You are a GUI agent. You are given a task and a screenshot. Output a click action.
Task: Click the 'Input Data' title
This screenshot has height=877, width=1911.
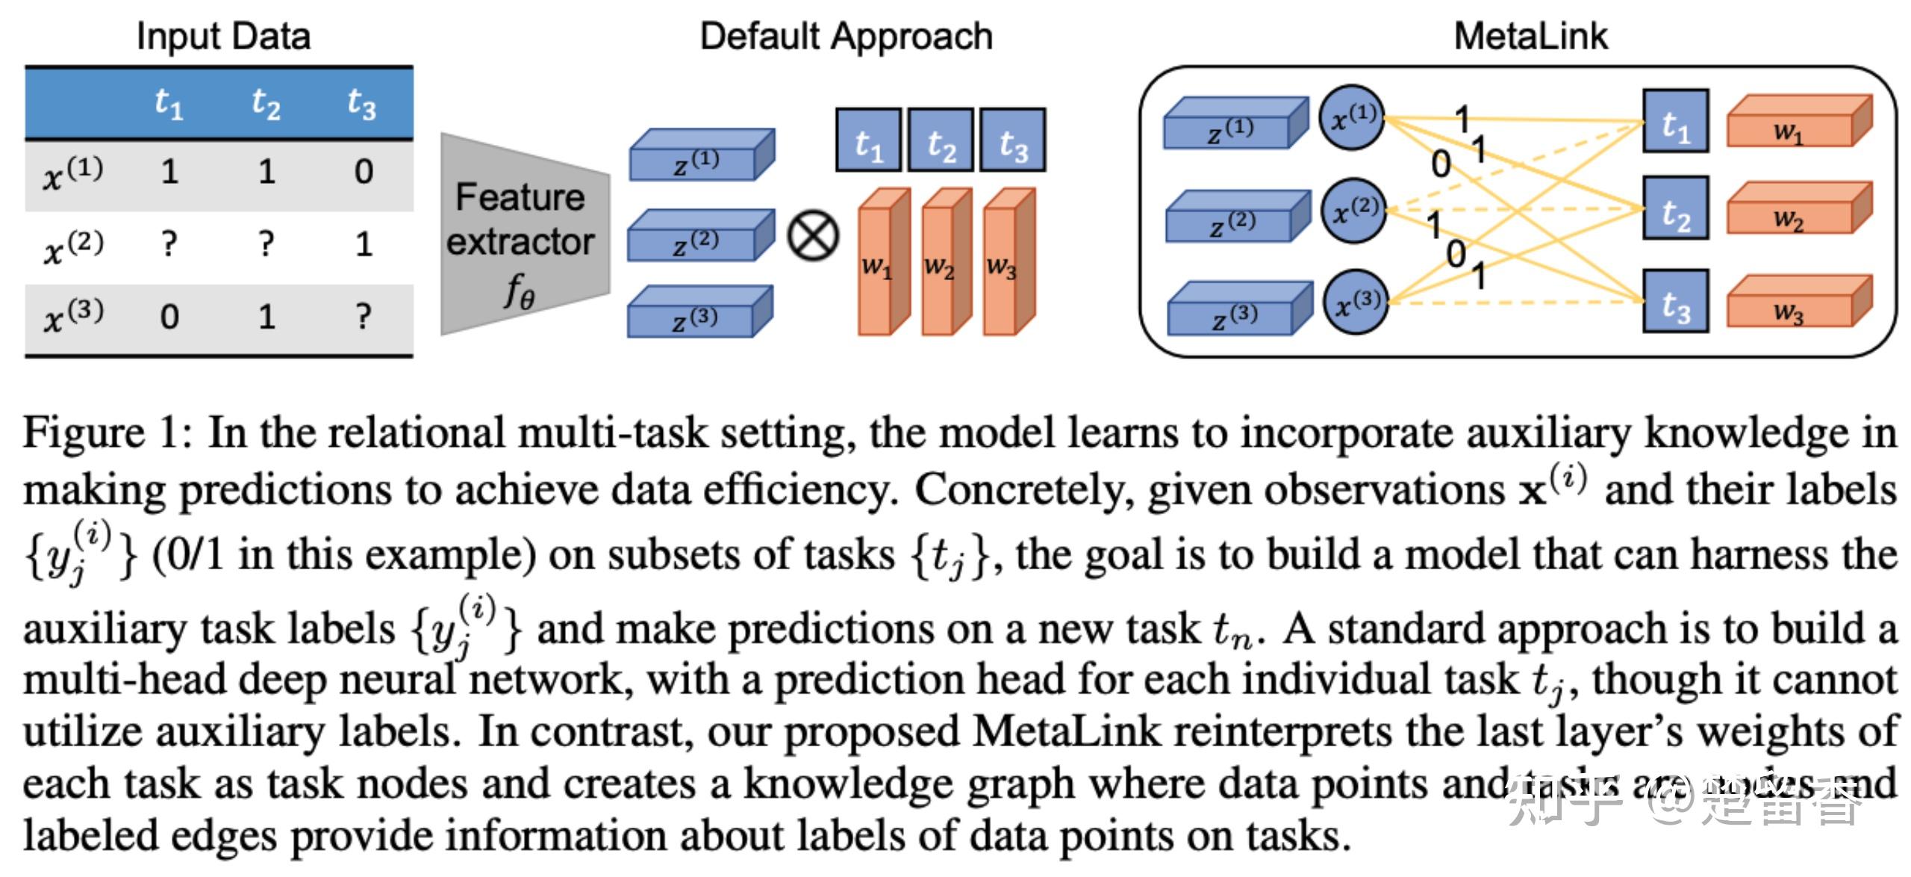(223, 36)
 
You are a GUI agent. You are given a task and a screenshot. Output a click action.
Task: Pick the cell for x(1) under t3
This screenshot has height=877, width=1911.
(364, 173)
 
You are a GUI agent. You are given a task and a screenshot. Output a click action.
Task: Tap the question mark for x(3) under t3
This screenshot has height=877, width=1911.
(364, 317)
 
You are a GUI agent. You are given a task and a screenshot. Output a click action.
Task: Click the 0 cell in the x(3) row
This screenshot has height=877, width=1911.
(169, 317)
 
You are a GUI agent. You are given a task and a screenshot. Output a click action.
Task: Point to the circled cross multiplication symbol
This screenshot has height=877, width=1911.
(813, 236)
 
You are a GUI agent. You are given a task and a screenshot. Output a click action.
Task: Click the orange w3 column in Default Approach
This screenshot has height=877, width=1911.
(1005, 265)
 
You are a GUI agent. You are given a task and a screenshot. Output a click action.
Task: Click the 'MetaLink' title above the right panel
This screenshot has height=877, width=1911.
(1530, 36)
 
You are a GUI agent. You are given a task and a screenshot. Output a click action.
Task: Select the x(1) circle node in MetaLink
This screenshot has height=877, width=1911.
(1352, 117)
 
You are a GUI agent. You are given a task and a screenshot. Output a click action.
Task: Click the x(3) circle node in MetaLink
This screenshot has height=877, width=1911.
(1356, 302)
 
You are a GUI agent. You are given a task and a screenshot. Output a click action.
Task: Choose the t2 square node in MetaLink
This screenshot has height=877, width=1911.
(1675, 208)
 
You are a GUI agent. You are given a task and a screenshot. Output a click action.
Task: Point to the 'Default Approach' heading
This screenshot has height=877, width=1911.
(846, 36)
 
